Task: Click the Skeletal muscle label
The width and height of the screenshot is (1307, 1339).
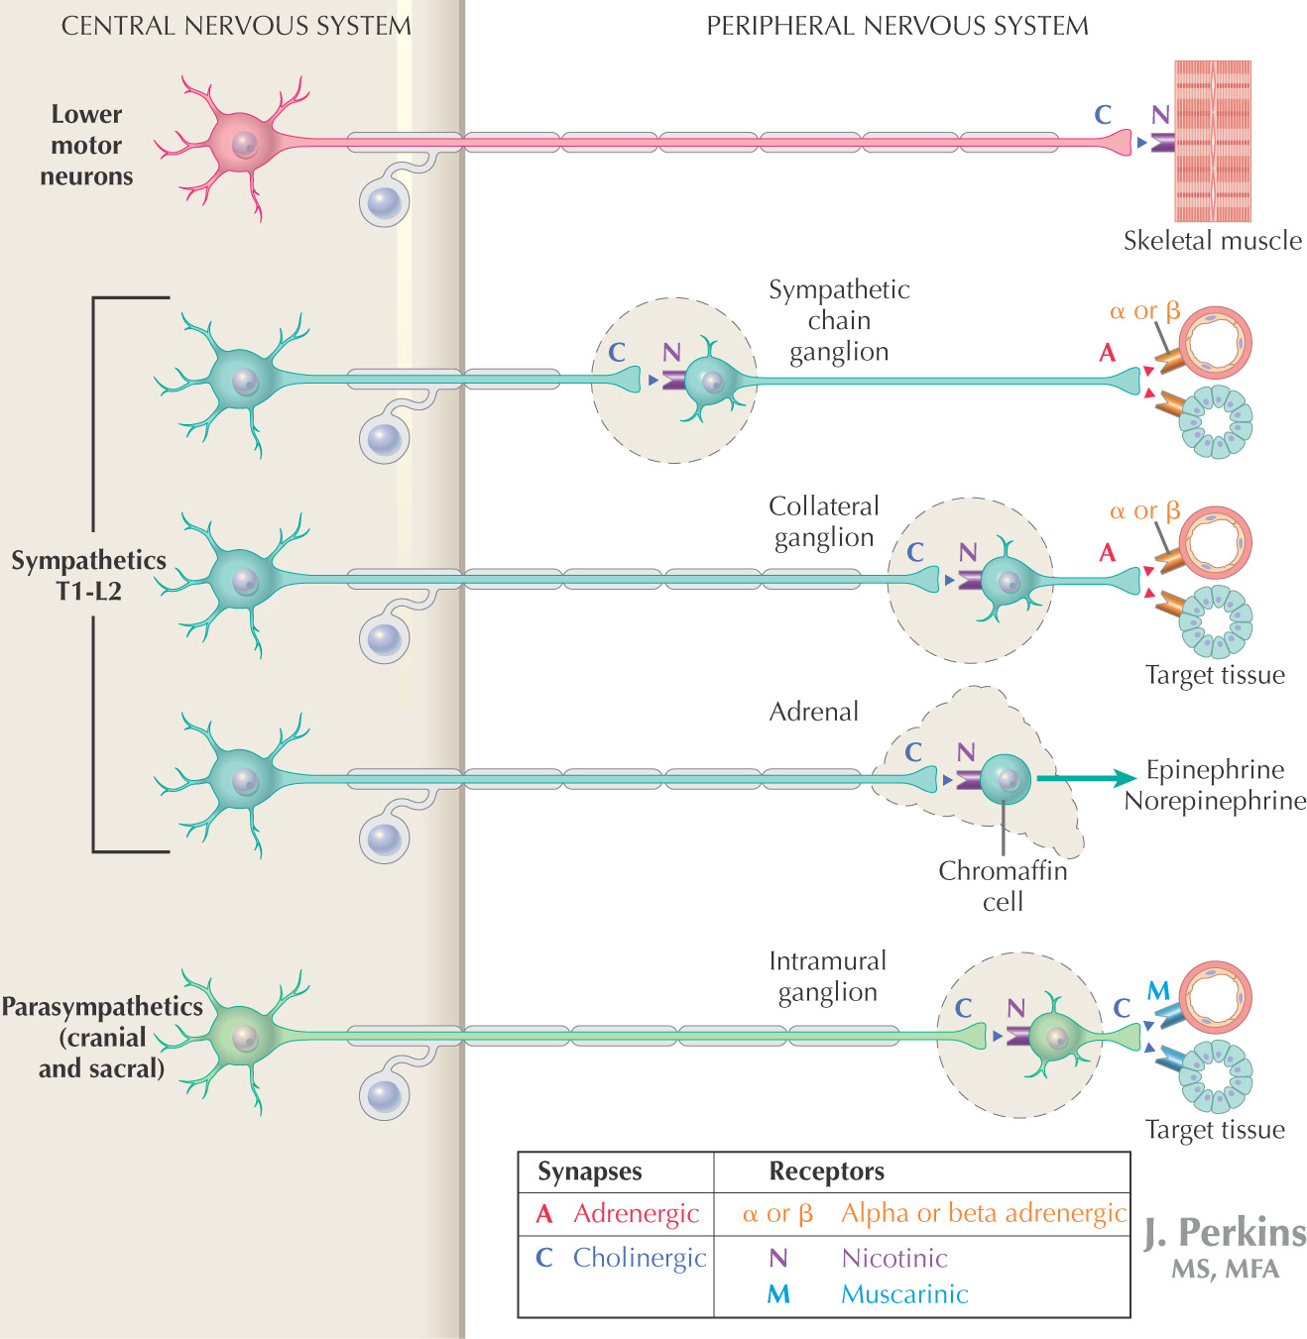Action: coord(1212,241)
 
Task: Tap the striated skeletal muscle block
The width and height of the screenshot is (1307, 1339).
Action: coord(1213,141)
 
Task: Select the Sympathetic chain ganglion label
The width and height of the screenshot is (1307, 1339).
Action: coord(839,320)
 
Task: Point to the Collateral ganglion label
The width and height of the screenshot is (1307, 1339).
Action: coord(823,521)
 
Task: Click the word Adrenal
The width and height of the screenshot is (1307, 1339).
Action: coord(813,712)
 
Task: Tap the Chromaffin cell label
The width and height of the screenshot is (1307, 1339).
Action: coord(1003,886)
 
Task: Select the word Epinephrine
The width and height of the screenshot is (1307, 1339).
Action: coord(1215,770)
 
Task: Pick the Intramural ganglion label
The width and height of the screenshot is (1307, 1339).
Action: coord(827,976)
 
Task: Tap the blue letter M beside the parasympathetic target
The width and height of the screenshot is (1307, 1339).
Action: coord(1158,990)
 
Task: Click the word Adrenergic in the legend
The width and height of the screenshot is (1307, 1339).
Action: coord(636,1214)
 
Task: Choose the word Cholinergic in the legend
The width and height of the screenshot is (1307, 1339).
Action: coord(640,1258)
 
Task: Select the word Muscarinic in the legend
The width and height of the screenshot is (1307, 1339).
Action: coord(904,1294)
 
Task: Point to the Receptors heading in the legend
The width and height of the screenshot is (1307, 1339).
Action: coord(826,1172)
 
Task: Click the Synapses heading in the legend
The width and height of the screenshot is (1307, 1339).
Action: coord(589,1172)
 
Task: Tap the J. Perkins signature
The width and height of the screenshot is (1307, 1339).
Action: coord(1225,1233)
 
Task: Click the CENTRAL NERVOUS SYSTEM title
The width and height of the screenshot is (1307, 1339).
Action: coord(236,26)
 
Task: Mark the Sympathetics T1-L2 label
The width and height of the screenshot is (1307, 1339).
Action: coord(88,576)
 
